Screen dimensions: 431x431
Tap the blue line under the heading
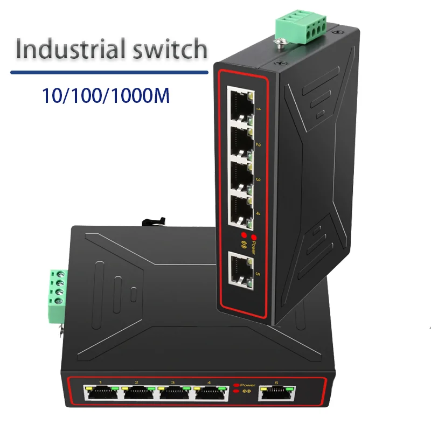tap(109, 72)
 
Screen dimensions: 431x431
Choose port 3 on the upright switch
tap(240, 177)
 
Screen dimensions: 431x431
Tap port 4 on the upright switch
tap(240, 211)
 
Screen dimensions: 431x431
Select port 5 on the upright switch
tap(241, 270)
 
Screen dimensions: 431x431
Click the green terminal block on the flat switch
tap(59, 296)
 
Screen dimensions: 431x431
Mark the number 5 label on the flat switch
tap(277, 383)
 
